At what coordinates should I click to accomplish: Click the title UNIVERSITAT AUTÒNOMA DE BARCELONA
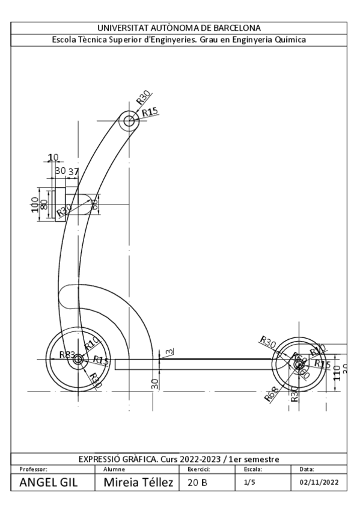(x=179, y=28)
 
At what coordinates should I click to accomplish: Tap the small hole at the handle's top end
(x=129, y=121)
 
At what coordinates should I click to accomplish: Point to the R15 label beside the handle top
(x=150, y=112)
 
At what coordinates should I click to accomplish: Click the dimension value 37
(x=73, y=171)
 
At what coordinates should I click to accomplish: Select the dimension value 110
(x=337, y=374)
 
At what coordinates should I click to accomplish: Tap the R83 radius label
(x=67, y=355)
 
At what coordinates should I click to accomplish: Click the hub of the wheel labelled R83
(x=77, y=361)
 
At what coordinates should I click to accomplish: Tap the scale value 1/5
(x=249, y=482)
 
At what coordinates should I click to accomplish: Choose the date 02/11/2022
(x=322, y=482)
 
